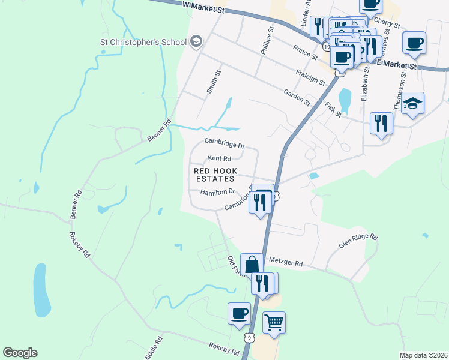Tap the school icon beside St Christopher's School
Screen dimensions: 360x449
[195, 41]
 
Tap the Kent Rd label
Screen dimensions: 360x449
[219, 159]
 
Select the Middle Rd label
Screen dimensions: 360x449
[158, 347]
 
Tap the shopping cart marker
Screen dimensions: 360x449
[274, 322]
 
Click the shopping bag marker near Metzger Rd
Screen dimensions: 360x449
[252, 264]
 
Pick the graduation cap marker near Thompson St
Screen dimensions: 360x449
[412, 103]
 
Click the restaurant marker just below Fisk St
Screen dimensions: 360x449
[381, 124]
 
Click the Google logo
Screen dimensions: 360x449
[20, 353]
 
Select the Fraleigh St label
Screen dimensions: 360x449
[310, 77]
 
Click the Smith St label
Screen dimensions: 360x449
[210, 82]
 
